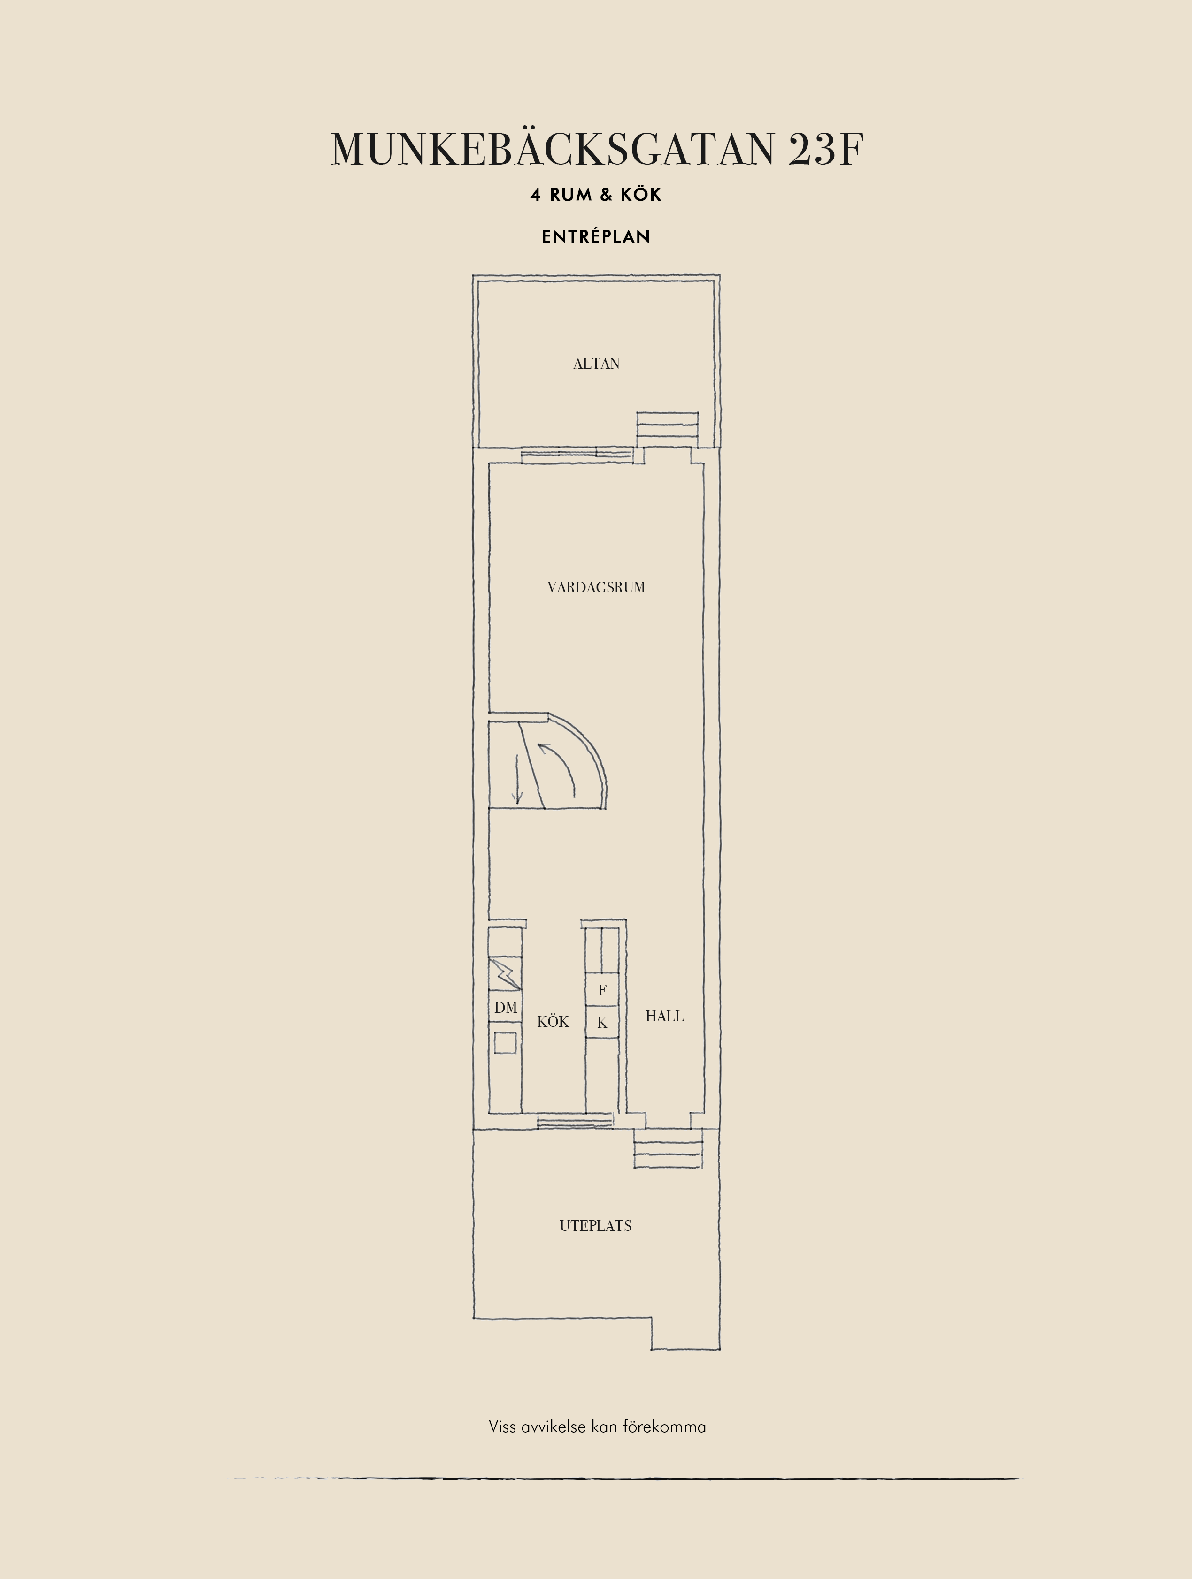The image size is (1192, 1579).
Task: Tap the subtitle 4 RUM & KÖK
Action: click(596, 195)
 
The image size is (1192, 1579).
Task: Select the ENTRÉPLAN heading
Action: click(596, 237)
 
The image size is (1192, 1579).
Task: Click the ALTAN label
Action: click(596, 364)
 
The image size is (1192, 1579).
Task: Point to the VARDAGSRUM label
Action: click(596, 587)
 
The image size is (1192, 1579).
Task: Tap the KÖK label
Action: click(553, 1022)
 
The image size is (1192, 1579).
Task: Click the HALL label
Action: click(664, 1016)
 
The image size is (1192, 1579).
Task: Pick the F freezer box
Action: click(602, 990)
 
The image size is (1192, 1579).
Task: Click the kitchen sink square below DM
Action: click(506, 1043)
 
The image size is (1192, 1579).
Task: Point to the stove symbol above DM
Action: click(505, 974)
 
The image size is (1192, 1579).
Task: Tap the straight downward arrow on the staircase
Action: click(518, 782)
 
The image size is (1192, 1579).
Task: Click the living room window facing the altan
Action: click(577, 454)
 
